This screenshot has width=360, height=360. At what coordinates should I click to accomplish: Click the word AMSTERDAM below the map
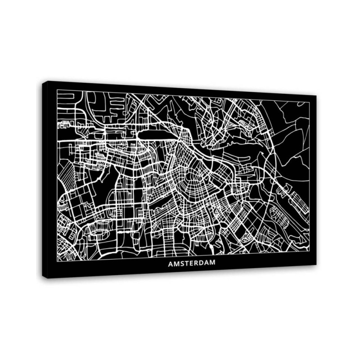pos(191,264)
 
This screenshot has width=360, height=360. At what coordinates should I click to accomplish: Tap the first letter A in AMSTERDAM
pos(171,264)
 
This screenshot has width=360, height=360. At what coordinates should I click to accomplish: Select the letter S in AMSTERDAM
pos(182,264)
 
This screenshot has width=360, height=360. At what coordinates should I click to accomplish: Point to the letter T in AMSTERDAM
pos(187,264)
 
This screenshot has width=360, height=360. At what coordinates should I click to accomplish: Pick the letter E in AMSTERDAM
pos(192,264)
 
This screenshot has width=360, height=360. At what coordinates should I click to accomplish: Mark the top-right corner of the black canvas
pos(316,96)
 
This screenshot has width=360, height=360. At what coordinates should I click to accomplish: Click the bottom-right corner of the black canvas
pos(316,265)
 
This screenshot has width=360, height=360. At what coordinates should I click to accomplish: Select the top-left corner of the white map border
pos(57,90)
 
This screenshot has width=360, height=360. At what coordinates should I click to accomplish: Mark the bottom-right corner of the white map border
pos(310,250)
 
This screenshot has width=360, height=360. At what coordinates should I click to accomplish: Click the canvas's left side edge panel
pos(45,180)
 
